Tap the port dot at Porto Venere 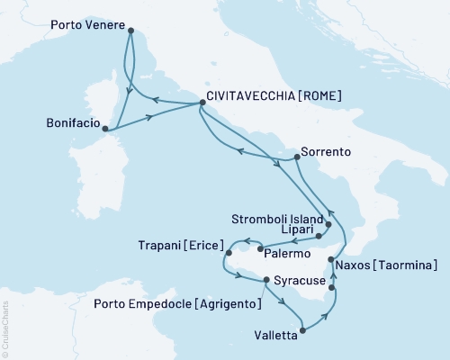point(130,31)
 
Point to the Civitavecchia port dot point(201,106)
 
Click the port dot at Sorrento point(296,158)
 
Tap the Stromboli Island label point(274,216)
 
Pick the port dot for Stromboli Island point(328,224)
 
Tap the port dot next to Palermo point(260,247)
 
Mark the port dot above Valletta point(301,330)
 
